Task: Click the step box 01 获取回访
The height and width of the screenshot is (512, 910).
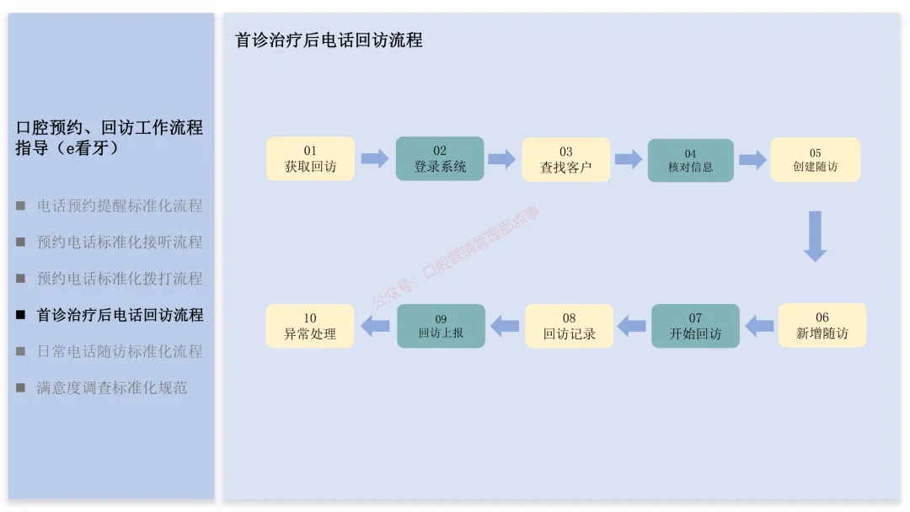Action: [310, 159]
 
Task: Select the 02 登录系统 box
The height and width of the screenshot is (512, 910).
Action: [440, 159]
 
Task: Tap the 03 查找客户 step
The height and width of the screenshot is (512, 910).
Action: [566, 160]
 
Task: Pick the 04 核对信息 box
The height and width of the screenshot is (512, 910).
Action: [690, 160]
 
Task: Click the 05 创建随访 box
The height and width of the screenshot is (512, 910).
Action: [815, 160]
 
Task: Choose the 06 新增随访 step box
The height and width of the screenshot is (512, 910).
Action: [822, 326]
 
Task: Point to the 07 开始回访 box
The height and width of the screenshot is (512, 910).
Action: [695, 326]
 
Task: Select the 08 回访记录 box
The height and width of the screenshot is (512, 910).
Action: [570, 326]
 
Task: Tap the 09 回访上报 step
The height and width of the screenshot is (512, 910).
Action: [441, 326]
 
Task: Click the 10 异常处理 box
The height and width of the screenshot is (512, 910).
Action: [310, 326]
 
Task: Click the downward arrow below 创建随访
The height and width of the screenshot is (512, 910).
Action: [815, 236]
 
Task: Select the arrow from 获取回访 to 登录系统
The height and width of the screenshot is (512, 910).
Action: [374, 158]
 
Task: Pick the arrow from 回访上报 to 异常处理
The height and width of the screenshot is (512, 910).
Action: [374, 325]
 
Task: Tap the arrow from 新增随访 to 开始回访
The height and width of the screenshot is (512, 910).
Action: [759, 325]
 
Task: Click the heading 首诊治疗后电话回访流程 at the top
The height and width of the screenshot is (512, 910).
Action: [329, 40]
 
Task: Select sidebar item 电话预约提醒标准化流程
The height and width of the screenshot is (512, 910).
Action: [120, 205]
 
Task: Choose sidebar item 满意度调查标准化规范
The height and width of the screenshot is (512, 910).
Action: [112, 388]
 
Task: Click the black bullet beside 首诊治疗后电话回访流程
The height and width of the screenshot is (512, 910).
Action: [21, 315]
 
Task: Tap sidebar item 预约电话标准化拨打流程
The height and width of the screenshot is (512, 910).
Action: [120, 279]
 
